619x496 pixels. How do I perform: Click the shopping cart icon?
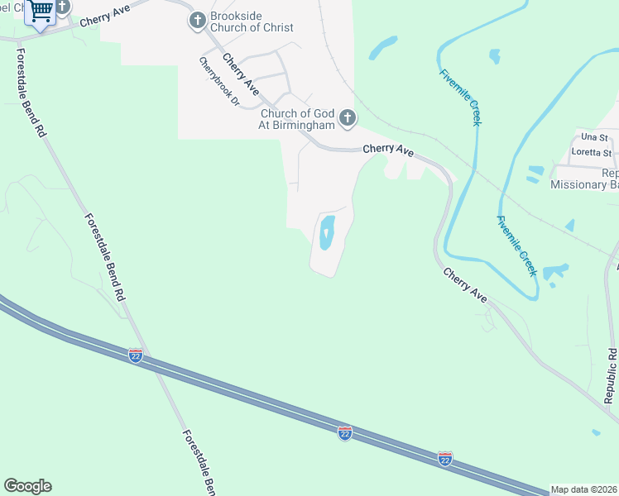coord(40,12)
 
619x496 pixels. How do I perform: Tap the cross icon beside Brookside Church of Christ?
coord(197,21)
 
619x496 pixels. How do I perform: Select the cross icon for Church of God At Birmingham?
coord(347,118)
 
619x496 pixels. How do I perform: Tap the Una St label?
coord(594,136)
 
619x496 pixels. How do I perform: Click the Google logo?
coord(27,486)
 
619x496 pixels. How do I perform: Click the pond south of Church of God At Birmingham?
coord(326,232)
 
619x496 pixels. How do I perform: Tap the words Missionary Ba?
coord(584,184)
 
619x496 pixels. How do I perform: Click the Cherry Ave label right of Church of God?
coord(388,150)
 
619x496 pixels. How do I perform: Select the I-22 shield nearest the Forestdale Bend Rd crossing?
coord(136,355)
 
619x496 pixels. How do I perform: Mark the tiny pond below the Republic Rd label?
coord(597,432)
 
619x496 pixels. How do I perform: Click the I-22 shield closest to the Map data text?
coord(445,457)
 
